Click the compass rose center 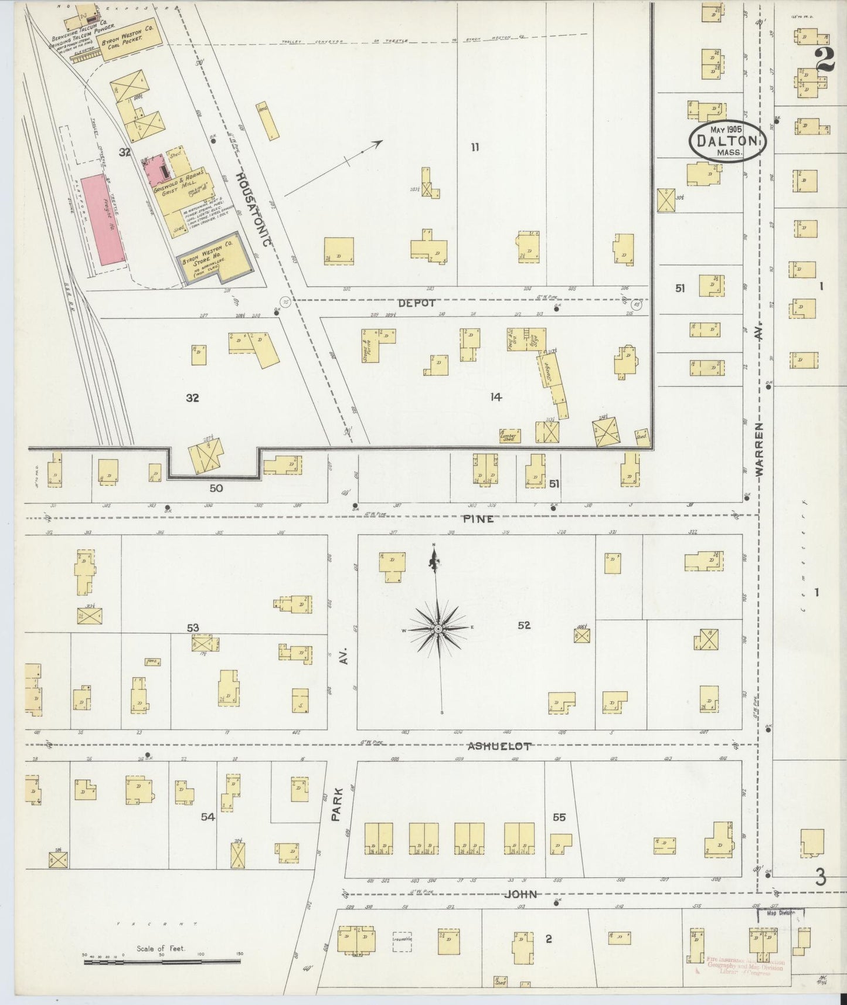pos(437,629)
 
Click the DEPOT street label pos(416,303)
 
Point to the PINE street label pos(478,519)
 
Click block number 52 pos(524,625)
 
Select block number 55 pos(559,817)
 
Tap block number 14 pos(496,398)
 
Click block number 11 pos(475,147)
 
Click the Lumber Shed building pos(509,436)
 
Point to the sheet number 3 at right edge pos(820,878)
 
